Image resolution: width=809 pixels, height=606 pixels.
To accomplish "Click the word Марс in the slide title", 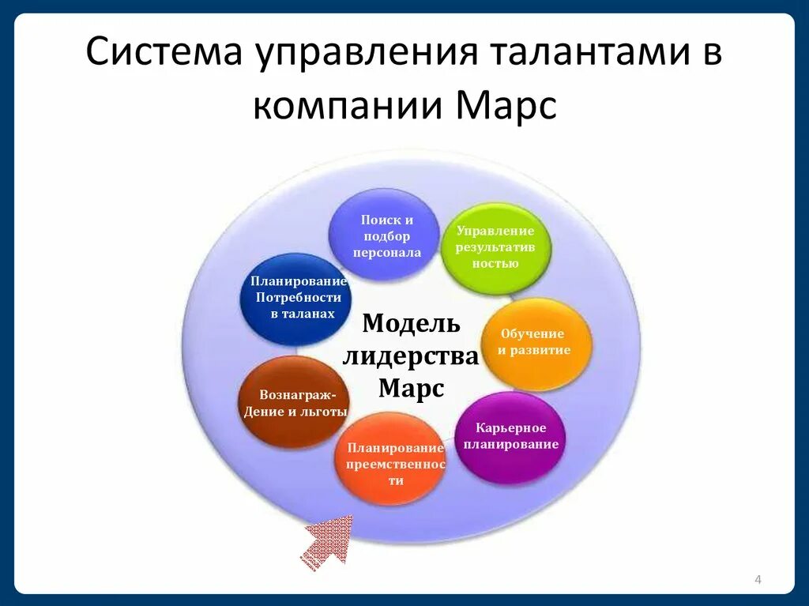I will [506, 106].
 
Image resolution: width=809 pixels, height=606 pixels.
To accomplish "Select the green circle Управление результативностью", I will [495, 248].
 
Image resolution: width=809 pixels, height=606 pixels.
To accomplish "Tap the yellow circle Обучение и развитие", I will [536, 343].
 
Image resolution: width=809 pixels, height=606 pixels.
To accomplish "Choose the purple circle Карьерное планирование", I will [510, 437].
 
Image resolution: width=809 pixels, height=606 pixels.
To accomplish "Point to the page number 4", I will [758, 581].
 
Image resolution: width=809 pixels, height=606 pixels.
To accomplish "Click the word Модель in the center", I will [411, 324].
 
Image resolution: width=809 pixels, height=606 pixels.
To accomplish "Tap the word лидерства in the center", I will [411, 356].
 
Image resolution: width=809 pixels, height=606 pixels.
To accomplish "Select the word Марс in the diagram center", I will [411, 389].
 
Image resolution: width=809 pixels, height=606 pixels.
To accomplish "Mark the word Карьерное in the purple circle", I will [510, 427].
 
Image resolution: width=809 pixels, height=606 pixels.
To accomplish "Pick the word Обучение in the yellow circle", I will [532, 333].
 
